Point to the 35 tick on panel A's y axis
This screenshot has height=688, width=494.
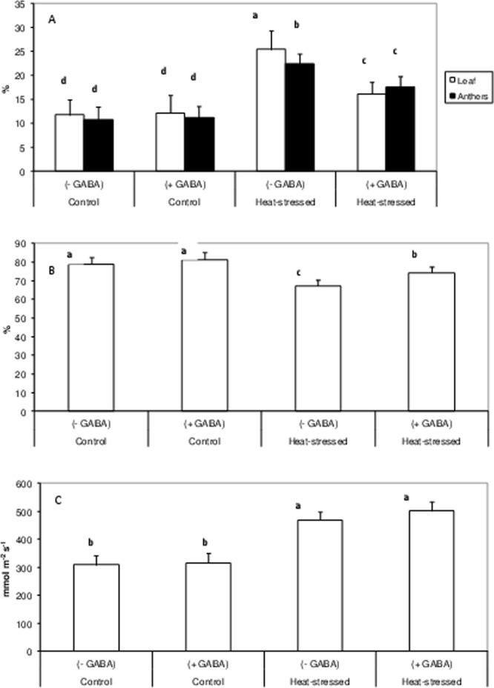pyautogui.click(x=22, y=4)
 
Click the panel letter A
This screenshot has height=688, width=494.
pyautogui.click(x=52, y=21)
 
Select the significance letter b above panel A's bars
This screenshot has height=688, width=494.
pyautogui.click(x=297, y=24)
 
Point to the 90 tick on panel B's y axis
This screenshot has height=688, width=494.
pyautogui.click(x=23, y=243)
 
